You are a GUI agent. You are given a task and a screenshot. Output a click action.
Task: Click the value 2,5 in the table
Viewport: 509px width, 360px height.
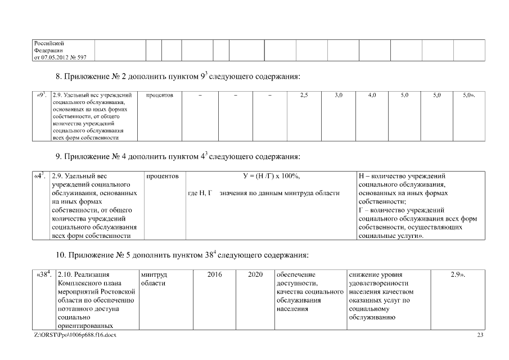pos(304,96)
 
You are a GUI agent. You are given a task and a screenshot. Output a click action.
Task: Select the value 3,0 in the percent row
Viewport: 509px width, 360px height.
pos(339,96)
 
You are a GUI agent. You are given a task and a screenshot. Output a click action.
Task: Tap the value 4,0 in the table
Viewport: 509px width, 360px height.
pos(372,96)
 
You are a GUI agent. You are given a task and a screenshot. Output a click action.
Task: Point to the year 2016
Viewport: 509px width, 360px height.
pos(214,274)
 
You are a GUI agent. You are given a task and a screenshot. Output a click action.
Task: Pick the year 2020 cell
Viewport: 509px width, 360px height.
pos(255,274)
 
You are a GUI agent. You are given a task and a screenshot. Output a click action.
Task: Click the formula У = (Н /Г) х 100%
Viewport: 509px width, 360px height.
pos(272,176)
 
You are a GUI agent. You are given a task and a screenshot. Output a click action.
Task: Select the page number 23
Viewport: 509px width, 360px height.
pos(480,335)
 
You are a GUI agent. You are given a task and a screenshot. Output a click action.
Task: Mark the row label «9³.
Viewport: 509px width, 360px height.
pos(42,96)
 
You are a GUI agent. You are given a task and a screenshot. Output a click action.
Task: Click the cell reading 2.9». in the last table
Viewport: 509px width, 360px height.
pos(458,274)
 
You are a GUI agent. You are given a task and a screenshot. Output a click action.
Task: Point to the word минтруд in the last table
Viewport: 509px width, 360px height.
pos(153,274)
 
